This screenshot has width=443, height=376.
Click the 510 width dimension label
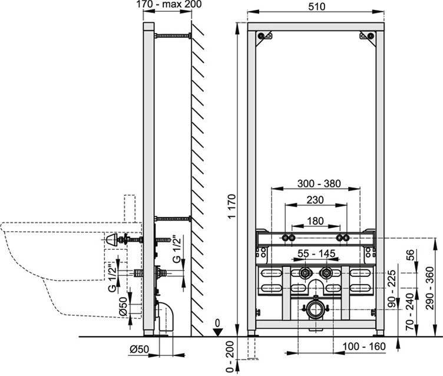click(x=316, y=6)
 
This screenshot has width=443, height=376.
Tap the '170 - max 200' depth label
click(x=169, y=4)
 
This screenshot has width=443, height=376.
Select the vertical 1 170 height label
click(x=232, y=206)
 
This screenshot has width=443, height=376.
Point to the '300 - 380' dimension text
click(x=319, y=183)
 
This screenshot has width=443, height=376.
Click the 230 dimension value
click(x=315, y=200)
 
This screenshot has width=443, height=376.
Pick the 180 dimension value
click(x=315, y=221)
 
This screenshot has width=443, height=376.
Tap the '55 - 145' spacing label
click(x=316, y=253)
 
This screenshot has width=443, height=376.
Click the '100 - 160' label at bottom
click(x=364, y=347)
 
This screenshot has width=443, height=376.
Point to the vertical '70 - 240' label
click(x=409, y=312)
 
